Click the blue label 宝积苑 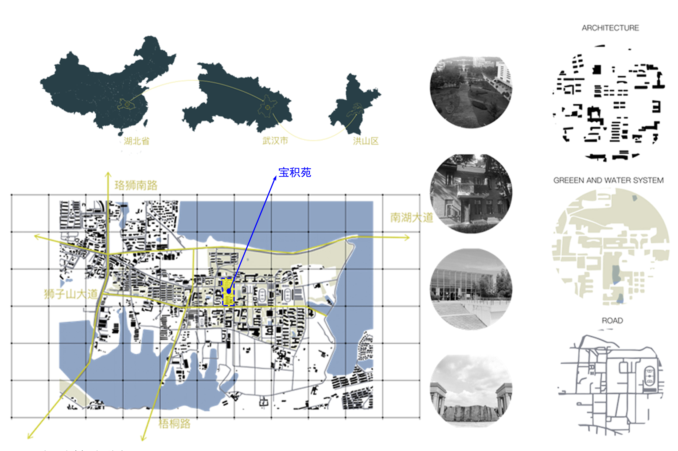click(294, 173)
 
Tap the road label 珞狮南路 click(136, 185)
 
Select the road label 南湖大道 click(411, 218)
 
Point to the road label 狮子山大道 click(71, 294)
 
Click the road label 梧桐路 click(174, 424)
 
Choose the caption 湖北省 click(137, 141)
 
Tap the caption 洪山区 click(366, 141)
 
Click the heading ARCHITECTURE click(610, 28)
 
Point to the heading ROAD click(612, 321)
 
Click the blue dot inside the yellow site click(229, 291)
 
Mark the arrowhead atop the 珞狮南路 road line click(108, 174)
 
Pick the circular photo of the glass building click(471, 289)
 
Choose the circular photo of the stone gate click(471, 391)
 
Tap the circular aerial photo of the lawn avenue click(471, 92)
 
